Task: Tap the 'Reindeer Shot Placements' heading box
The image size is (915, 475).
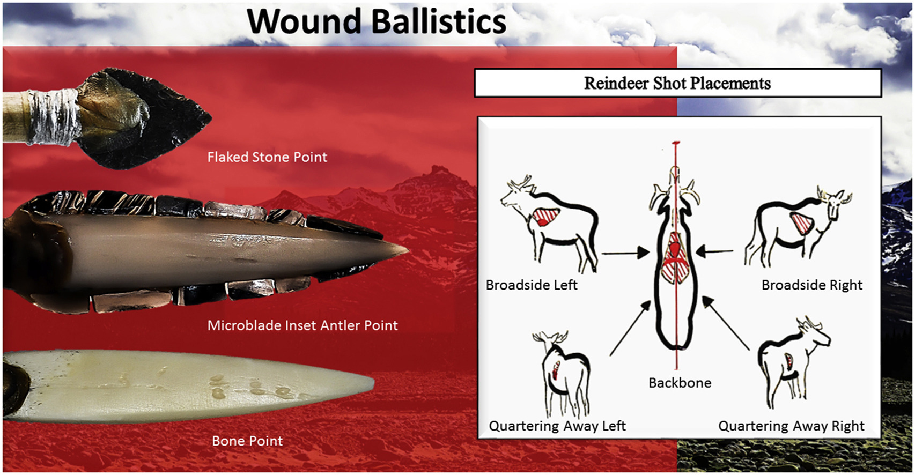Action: pos(677,83)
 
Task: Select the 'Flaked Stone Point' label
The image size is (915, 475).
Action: pos(267,157)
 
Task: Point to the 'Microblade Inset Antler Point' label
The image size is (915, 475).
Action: pos(302,325)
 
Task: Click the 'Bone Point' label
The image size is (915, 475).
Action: pos(248,441)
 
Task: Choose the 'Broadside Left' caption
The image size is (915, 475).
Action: pos(532,285)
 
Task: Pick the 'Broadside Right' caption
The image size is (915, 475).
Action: pos(811,285)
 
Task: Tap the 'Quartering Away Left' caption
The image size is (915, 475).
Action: pos(557,426)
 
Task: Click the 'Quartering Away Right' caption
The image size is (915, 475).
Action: pos(791,426)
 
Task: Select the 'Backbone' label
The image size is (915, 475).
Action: pos(680,383)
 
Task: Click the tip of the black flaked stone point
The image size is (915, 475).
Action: pos(211,118)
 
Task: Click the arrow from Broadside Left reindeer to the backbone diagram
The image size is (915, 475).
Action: pos(625,253)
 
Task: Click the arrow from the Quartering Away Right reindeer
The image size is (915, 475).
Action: pos(726,323)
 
